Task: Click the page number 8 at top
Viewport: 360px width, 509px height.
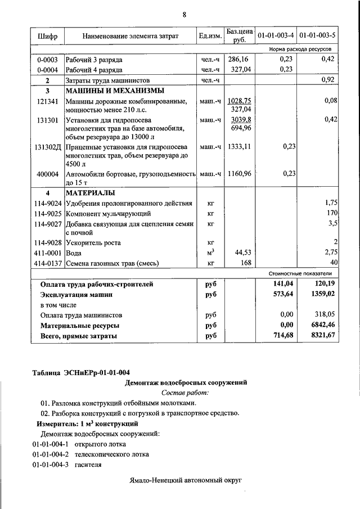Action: coord(184,14)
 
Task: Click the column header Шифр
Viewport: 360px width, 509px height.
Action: coord(47,36)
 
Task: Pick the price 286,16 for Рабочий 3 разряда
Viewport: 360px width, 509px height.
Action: coord(239,59)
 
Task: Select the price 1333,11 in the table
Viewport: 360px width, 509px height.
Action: coord(239,147)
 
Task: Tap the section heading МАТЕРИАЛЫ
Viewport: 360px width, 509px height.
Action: coord(92,193)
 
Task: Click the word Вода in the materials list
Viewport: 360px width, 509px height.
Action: coord(74,254)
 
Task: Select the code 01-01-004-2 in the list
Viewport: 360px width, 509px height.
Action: coord(50,454)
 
